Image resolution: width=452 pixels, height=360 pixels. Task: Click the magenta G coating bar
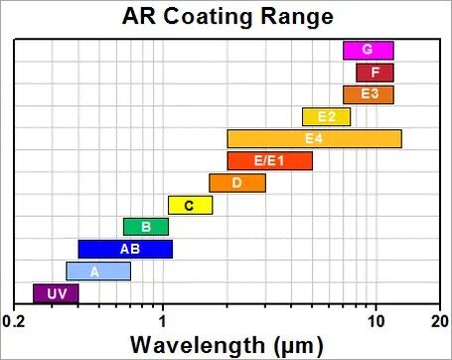tap(369, 51)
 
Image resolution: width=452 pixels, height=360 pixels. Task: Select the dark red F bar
tap(375, 73)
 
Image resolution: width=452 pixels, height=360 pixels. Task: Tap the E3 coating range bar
tap(369, 94)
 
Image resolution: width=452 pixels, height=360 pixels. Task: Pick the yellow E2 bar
tap(326, 116)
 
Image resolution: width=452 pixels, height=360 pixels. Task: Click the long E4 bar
tap(314, 139)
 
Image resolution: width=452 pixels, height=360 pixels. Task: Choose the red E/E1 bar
tap(269, 161)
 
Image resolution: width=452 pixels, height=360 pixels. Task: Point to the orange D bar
tap(237, 183)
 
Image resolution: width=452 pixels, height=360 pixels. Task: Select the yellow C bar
tap(190, 205)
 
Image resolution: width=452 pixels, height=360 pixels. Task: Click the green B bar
tap(146, 227)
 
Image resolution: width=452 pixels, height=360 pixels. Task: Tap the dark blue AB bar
tap(125, 249)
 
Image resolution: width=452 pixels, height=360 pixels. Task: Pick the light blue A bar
tap(98, 271)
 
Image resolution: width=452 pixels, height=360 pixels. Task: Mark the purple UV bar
tap(56, 293)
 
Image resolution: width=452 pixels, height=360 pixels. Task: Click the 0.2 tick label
tap(14, 321)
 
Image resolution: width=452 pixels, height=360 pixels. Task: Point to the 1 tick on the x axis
tap(163, 321)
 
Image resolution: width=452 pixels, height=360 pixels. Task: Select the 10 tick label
tap(377, 321)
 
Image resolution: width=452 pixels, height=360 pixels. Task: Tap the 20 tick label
tap(440, 321)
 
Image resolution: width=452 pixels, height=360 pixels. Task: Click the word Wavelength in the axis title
tap(198, 345)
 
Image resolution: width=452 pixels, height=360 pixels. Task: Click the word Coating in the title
tap(209, 17)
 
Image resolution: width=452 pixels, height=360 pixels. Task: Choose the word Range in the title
tap(297, 17)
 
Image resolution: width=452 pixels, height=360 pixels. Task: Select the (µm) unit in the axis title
tap(299, 346)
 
